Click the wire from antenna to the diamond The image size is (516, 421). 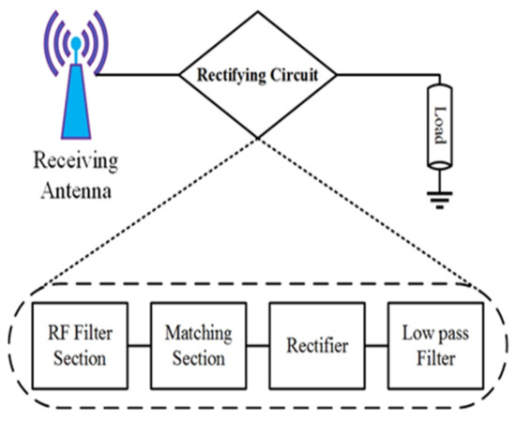click(x=141, y=72)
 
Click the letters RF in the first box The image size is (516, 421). click(x=54, y=334)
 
